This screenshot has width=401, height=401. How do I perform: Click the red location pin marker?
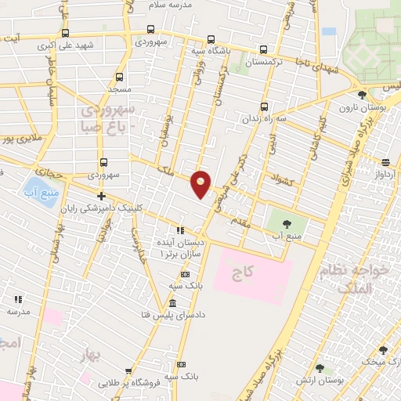coord(201,183)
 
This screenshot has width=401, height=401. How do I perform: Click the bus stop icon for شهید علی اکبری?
coord(64,34)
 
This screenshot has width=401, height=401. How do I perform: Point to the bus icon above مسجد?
coord(119,78)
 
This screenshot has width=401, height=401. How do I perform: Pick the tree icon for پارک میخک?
coord(383,350)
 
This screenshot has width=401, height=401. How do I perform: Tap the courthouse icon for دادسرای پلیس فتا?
coord(173,303)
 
